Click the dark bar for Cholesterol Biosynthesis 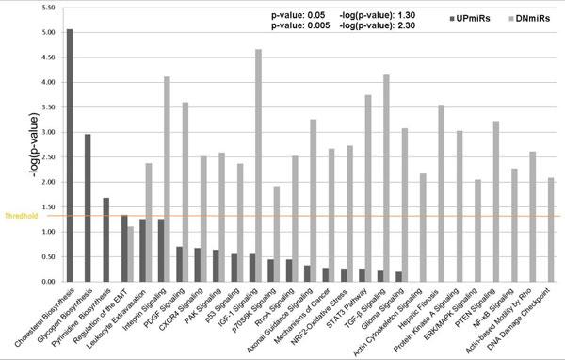[70, 155]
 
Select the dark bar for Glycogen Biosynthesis [88, 207]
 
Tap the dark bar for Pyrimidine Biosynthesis [105, 239]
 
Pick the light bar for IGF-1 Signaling [258, 165]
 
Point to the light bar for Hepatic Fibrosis [441, 192]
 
